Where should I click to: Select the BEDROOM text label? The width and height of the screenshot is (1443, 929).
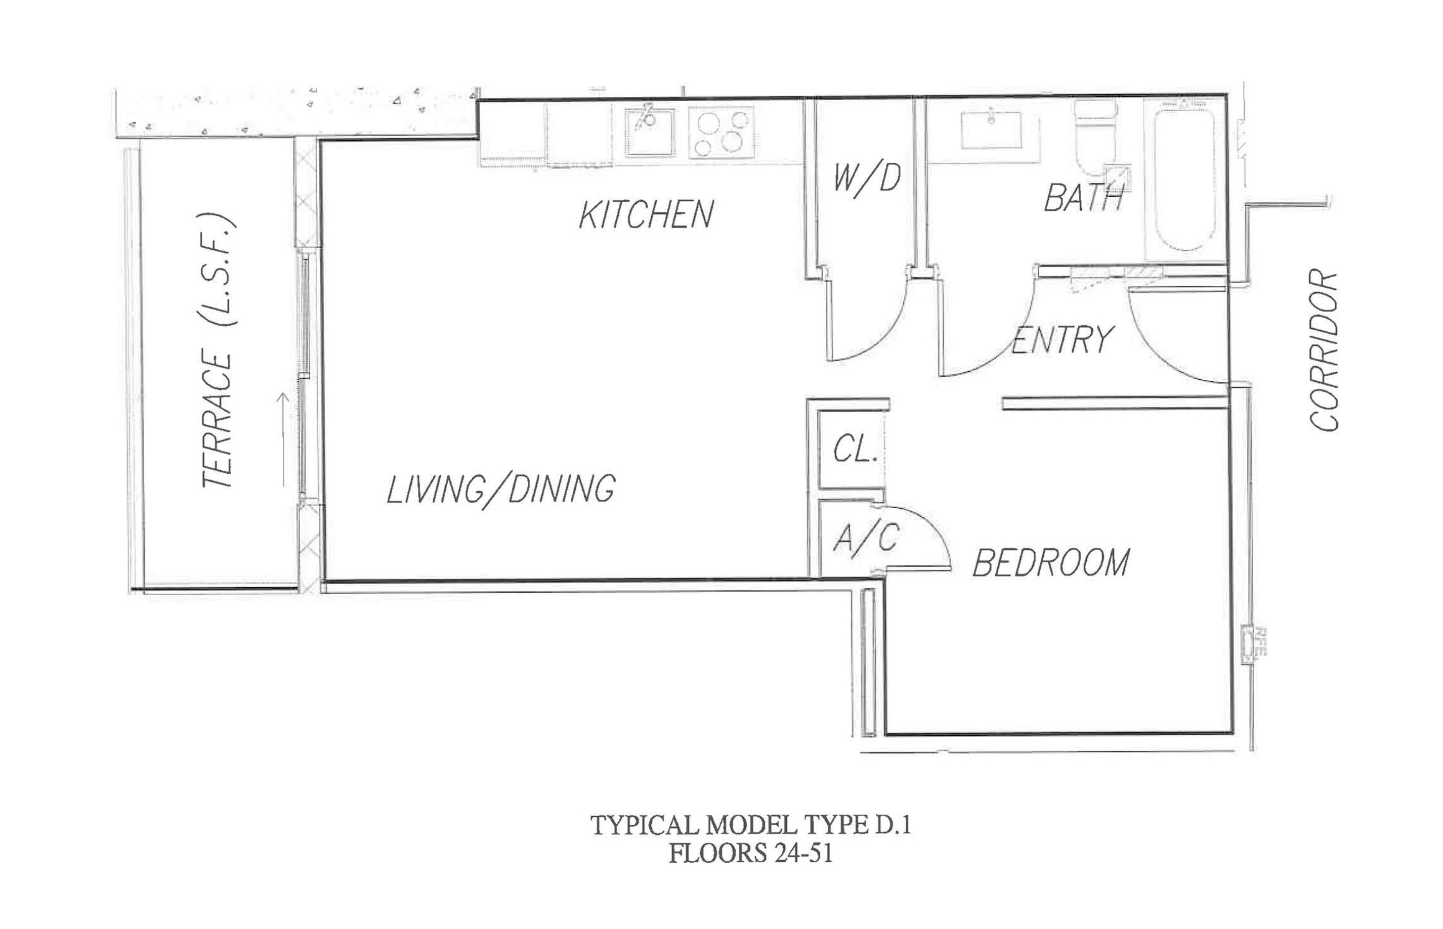[1051, 563]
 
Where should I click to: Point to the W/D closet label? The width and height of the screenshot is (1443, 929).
[867, 178]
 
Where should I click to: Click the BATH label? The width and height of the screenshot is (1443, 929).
[1083, 198]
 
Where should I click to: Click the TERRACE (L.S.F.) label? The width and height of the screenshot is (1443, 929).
[218, 350]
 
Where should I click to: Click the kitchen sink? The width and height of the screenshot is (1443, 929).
[649, 131]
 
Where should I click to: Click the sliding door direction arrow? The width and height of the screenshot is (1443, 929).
[282, 439]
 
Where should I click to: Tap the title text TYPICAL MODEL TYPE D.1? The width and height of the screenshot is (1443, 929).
[750, 825]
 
